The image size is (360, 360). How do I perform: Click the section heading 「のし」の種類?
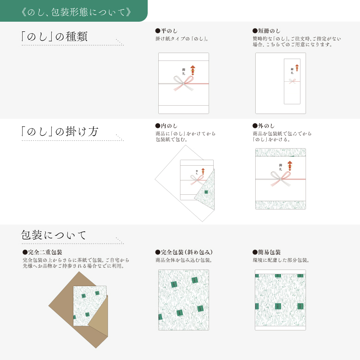[54, 37]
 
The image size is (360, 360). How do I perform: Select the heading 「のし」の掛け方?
[60, 132]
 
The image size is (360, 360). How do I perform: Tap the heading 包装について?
[54, 235]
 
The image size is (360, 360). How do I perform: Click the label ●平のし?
[167, 30]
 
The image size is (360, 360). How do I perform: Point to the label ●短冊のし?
[266, 30]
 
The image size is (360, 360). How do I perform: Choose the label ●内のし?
[167, 126]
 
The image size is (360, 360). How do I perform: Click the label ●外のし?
[264, 126]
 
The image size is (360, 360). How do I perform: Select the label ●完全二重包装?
[42, 252]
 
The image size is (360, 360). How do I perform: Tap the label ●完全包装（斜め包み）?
[184, 252]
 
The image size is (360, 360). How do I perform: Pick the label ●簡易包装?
[266, 252]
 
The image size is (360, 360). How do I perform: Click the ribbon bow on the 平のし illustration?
[183, 84]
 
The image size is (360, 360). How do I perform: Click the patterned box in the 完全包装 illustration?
[183, 300]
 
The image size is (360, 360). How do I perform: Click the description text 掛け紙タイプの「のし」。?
[182, 38]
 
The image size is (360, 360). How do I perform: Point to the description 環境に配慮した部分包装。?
[281, 260]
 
